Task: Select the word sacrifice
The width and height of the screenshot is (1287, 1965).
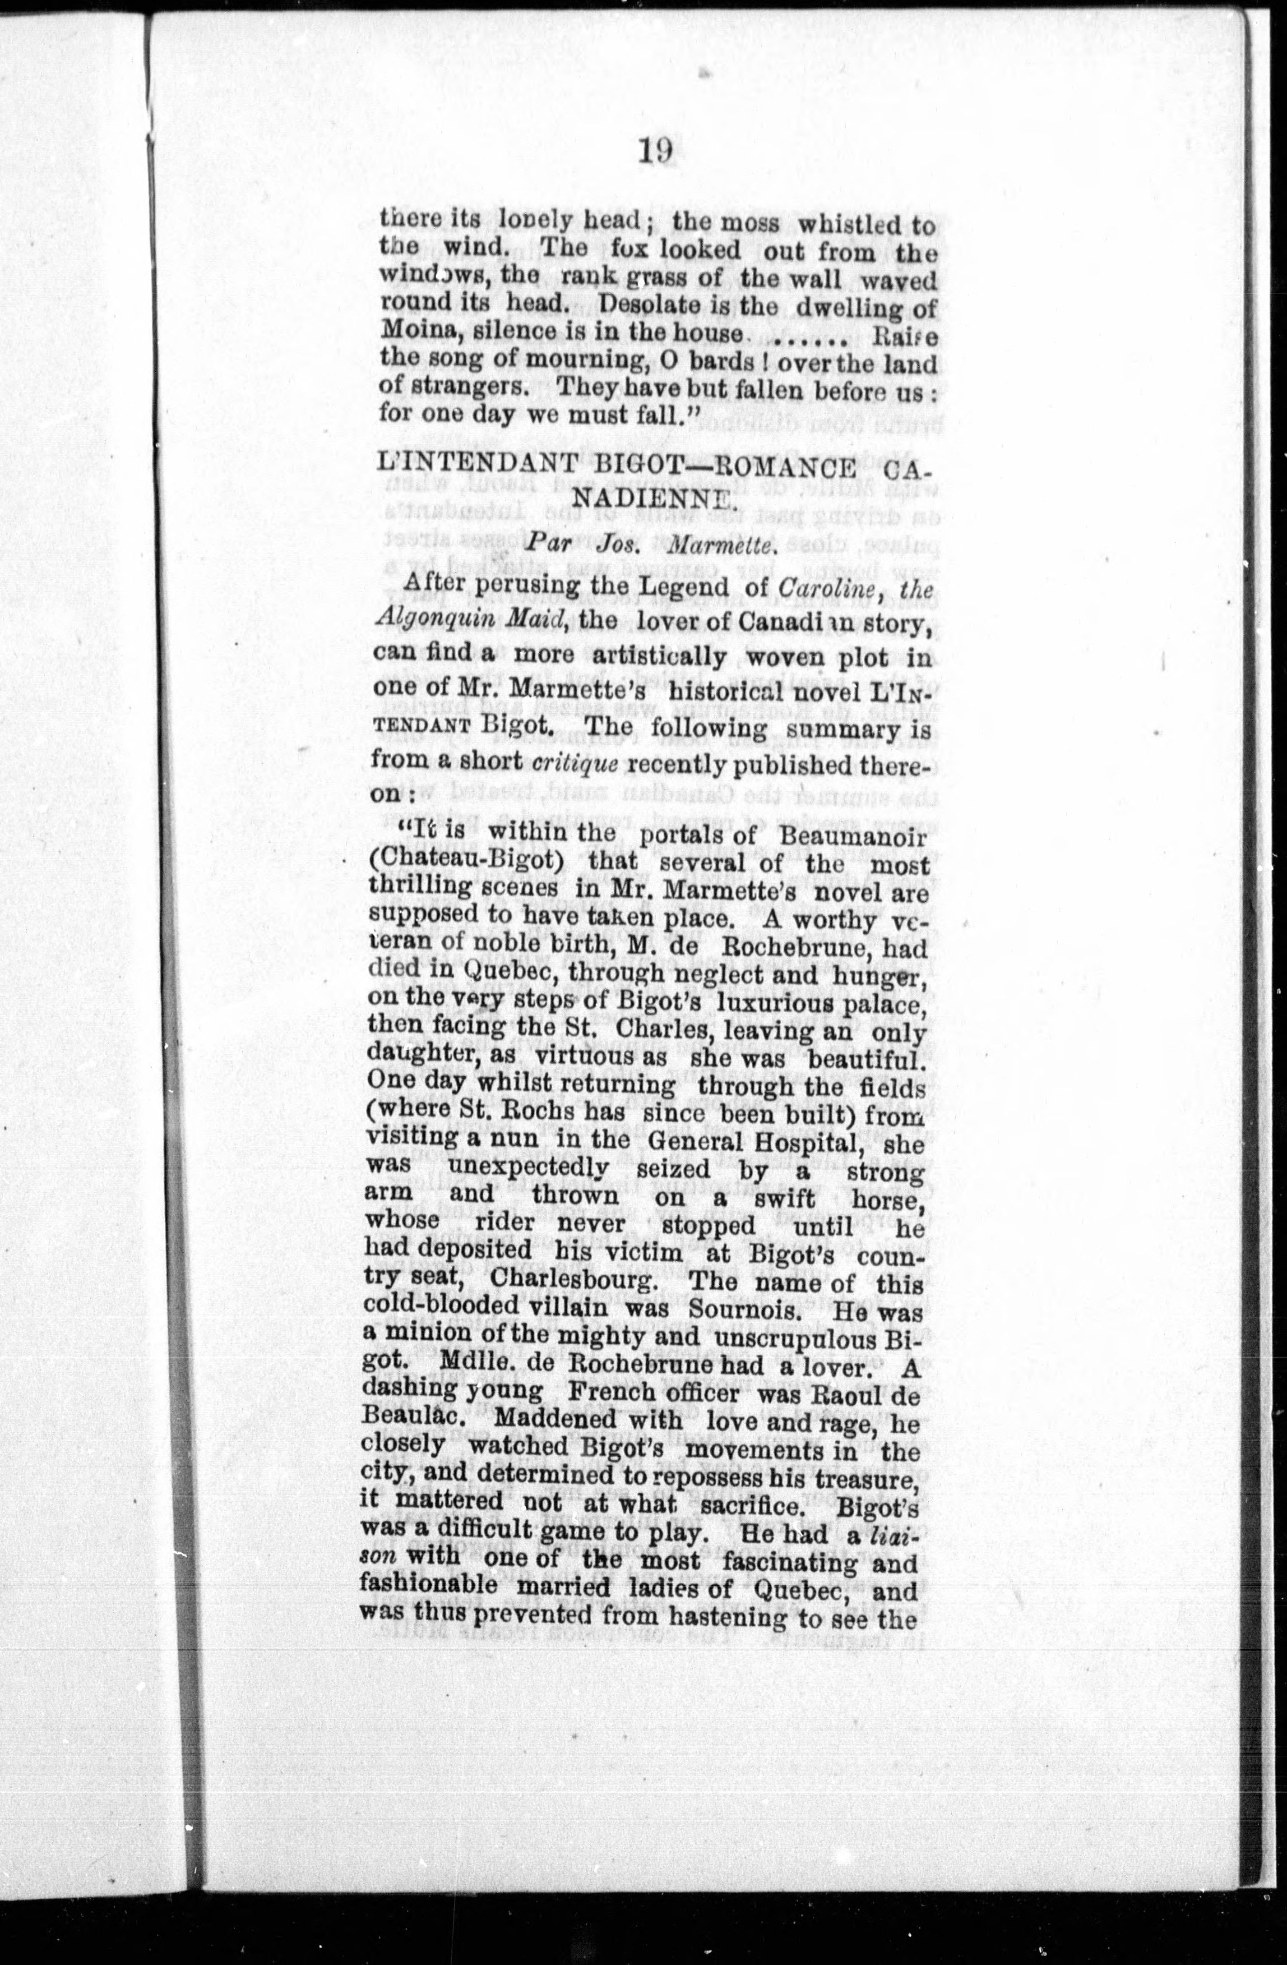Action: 753,1504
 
